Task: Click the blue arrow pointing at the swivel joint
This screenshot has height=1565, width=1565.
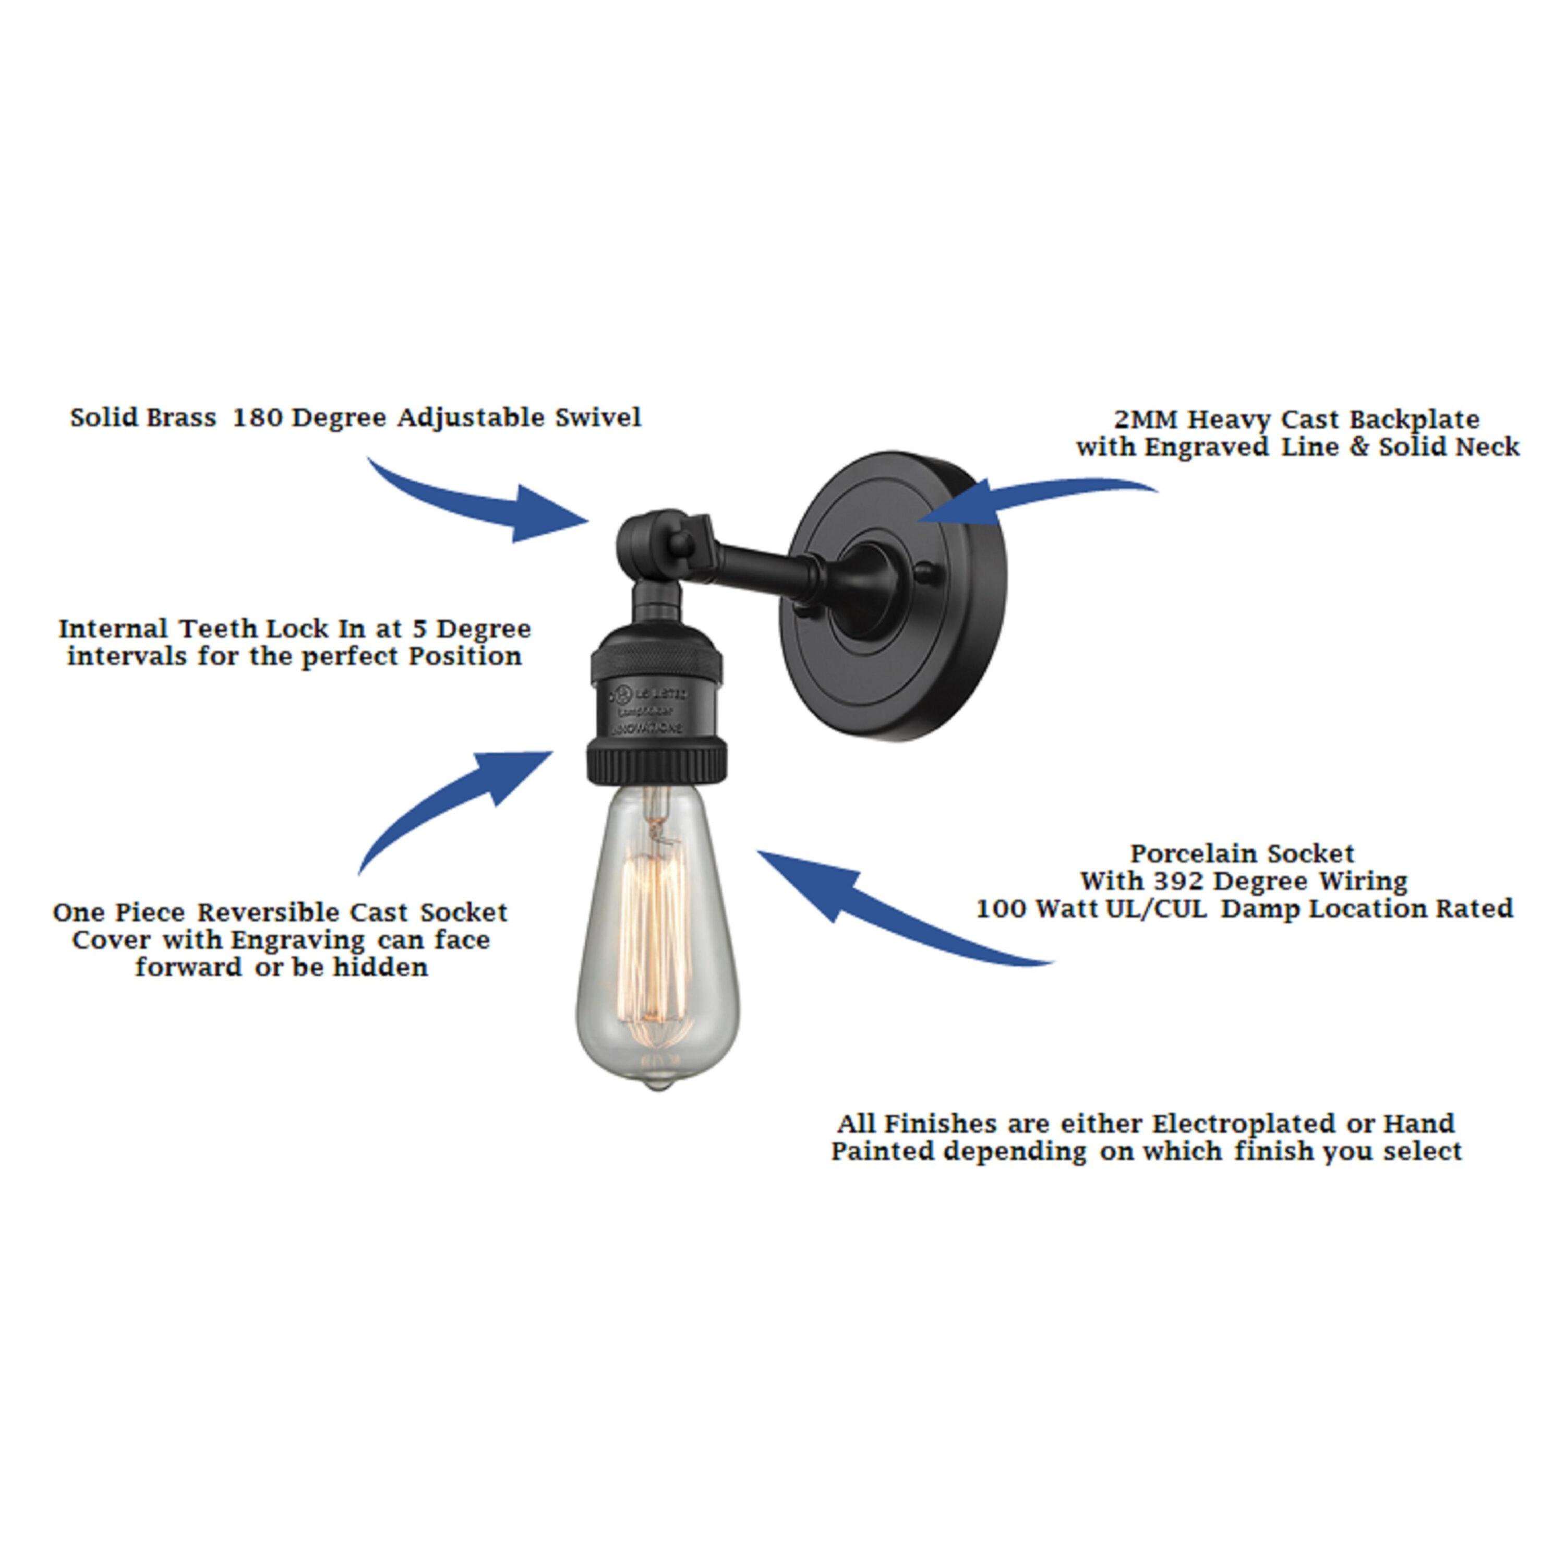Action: click(486, 504)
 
